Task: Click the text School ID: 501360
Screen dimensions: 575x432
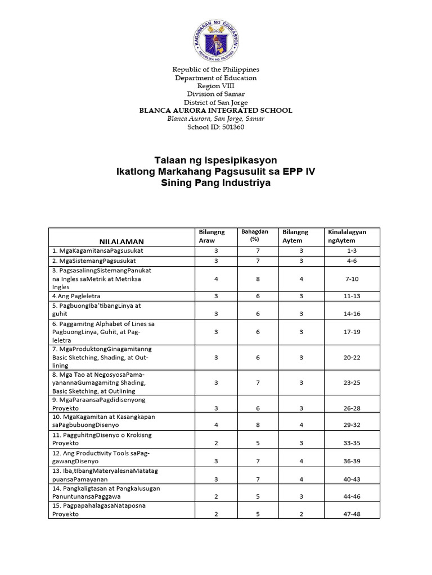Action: pos(215,127)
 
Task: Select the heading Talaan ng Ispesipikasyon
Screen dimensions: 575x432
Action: pos(215,160)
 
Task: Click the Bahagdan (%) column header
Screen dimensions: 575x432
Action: pos(255,235)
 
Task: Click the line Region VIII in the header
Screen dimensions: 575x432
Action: pos(215,86)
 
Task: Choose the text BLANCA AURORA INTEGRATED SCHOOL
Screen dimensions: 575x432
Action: pos(215,111)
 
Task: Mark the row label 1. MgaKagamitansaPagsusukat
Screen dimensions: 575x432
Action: pos(95,251)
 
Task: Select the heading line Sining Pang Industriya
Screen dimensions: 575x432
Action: pos(215,184)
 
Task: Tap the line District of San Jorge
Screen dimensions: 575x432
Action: pos(215,102)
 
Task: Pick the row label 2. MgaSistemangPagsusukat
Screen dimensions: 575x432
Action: pos(94,261)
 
